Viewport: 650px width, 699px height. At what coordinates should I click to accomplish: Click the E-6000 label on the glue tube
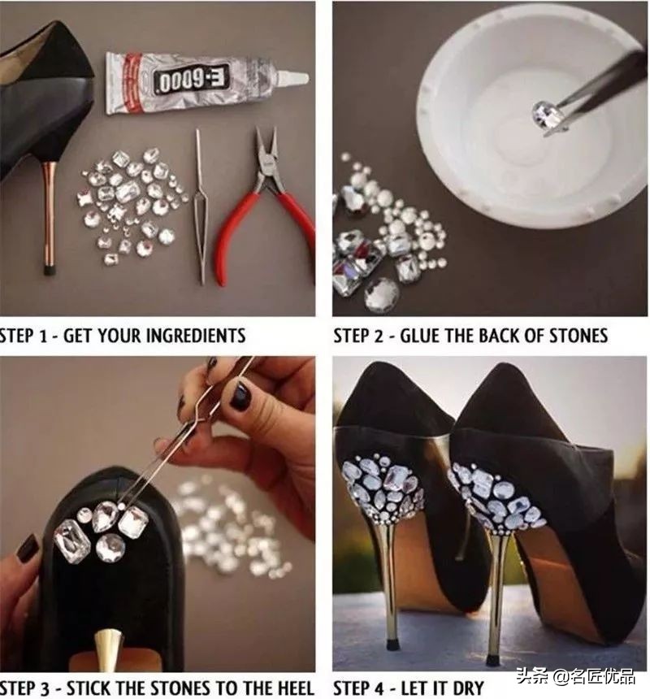click(x=192, y=80)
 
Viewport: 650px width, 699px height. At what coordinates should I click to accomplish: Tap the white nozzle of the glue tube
click(x=292, y=78)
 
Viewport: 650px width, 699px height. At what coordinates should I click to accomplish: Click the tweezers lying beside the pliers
click(x=201, y=206)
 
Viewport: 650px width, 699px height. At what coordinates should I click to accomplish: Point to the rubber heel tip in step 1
click(x=49, y=269)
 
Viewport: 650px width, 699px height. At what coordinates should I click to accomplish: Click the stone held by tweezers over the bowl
click(x=548, y=114)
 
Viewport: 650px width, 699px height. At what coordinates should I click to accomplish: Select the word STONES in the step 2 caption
click(x=577, y=336)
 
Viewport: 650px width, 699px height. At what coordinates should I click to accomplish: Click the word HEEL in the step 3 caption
click(x=292, y=688)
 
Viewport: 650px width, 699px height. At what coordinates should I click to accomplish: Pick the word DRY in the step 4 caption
click(x=467, y=688)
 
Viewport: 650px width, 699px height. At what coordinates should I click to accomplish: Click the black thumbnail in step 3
click(x=240, y=396)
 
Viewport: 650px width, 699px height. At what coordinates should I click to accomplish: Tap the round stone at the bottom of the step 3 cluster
click(x=110, y=546)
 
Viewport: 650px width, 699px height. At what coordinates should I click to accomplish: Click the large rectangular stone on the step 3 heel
click(x=72, y=541)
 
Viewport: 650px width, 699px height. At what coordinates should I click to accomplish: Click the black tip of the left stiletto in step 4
click(x=390, y=645)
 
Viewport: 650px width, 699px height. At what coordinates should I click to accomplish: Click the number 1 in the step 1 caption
click(x=43, y=336)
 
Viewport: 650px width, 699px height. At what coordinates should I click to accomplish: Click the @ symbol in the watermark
click(x=561, y=677)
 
